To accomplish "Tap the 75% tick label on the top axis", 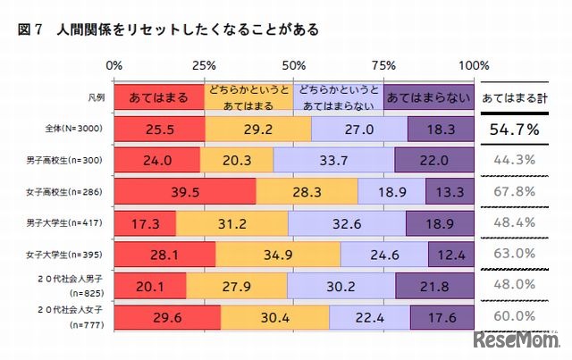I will pos(383,66).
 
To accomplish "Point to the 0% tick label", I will pos(114,66).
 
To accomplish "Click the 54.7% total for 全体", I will pos(513,130).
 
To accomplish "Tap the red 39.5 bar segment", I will pos(185,191).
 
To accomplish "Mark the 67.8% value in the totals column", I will pos(513,191).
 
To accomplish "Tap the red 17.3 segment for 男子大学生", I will pos(145,222).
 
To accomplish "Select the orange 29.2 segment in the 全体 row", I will pos(258,130).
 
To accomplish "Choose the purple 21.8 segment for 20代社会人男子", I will pos(434,285).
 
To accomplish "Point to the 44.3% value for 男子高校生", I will pos(513,160).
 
